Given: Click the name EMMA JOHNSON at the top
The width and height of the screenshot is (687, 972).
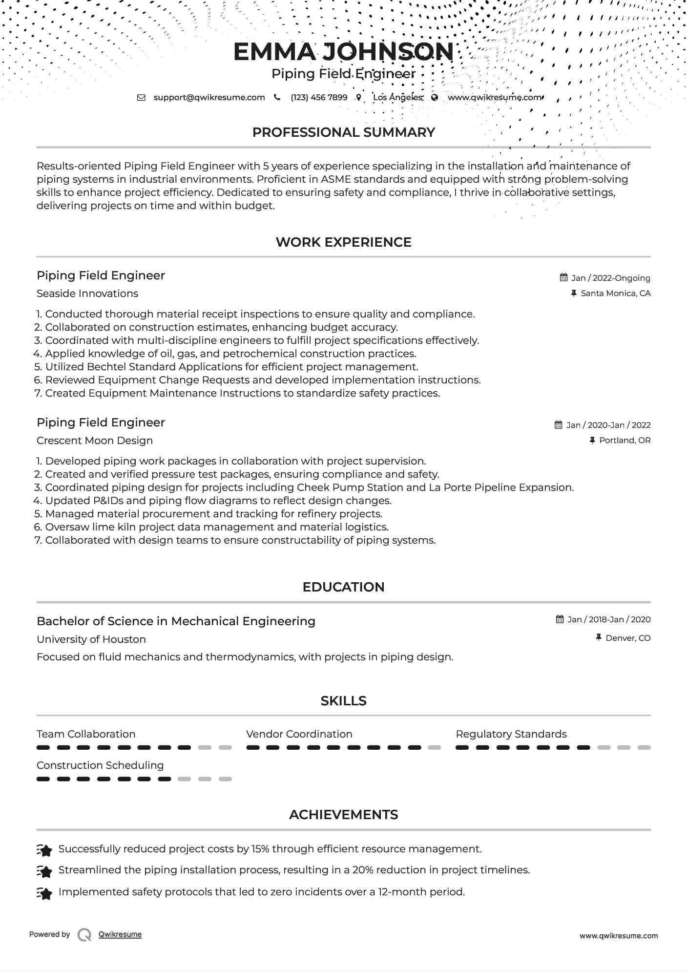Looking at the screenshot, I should [343, 52].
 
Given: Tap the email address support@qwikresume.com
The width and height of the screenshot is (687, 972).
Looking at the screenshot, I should [209, 97].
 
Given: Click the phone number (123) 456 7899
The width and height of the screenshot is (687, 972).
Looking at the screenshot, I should [319, 97].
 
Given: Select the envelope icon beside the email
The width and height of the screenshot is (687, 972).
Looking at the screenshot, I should [141, 97].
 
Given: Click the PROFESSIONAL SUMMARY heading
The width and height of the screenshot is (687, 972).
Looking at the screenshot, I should [343, 132].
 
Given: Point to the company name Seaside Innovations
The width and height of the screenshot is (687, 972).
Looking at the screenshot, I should [87, 294].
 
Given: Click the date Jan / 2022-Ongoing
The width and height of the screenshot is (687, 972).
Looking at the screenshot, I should [610, 278].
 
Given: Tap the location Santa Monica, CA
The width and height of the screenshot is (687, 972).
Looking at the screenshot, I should [615, 293].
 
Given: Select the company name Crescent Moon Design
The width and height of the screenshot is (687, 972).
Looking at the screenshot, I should [95, 441].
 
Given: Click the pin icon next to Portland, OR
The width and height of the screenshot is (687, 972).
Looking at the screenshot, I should [592, 440].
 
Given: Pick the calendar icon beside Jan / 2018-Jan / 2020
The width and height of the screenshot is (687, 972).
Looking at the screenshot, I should [560, 619].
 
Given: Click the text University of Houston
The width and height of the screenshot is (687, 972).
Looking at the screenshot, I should [91, 639].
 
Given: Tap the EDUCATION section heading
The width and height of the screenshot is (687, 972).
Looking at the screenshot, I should [343, 587].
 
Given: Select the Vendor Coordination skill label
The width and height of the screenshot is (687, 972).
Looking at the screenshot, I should [299, 734].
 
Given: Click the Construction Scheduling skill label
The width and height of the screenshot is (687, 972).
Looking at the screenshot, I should [100, 765].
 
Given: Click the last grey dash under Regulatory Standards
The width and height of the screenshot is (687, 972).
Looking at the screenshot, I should [644, 747].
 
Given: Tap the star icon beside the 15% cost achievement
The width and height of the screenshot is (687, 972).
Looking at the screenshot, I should [44, 850].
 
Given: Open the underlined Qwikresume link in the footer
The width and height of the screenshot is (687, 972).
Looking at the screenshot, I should [120, 934].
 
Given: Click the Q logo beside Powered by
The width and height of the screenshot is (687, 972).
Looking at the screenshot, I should [84, 935].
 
